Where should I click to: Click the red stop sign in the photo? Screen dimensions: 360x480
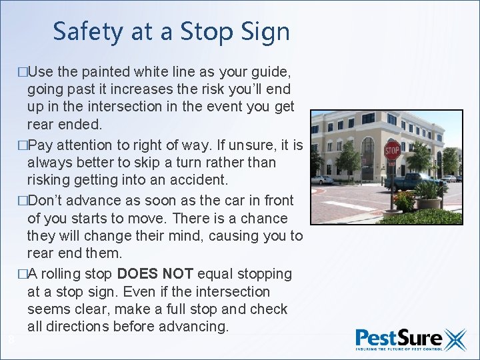point(392,149)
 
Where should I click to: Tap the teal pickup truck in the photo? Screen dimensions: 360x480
point(413,181)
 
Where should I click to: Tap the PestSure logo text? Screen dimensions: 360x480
point(398,338)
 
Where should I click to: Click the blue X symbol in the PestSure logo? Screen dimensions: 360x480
point(455,339)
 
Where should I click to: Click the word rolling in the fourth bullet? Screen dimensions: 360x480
point(68,274)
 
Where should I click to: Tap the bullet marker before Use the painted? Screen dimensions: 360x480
point(23,71)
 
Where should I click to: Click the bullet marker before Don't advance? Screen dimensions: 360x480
point(23,201)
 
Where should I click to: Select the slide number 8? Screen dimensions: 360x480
point(11,340)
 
